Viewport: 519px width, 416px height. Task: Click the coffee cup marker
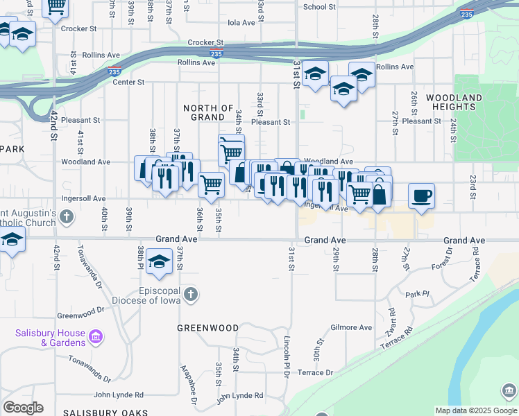[421, 196]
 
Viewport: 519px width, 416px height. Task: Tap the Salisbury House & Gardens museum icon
[96, 338]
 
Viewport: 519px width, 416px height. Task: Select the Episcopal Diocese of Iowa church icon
[191, 295]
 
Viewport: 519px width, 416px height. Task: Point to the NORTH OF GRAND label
[208, 113]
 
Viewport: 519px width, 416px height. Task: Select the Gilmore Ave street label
[351, 327]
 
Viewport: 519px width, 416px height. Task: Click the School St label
[319, 7]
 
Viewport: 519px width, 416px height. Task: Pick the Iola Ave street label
[241, 23]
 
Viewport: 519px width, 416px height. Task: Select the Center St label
[128, 82]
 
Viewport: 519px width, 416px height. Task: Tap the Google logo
[23, 408]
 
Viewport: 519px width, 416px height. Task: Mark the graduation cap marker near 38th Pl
[159, 262]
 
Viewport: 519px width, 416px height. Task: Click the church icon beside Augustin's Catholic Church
[66, 218]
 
